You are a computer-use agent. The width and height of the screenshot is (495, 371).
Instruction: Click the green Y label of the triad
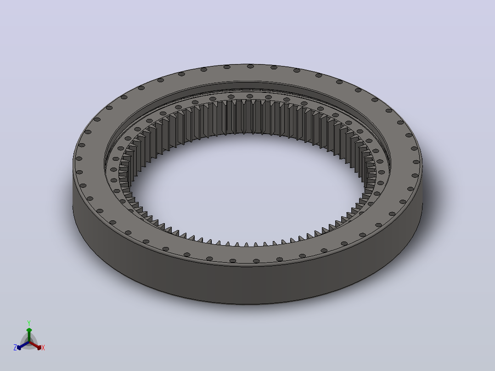click(29, 323)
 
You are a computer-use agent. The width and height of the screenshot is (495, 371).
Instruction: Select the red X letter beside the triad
click(43, 348)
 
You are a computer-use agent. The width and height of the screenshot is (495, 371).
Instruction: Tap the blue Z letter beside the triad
click(15, 348)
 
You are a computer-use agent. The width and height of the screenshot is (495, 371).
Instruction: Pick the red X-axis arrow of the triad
click(35, 345)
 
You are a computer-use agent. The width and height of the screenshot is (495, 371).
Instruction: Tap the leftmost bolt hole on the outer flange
click(79, 158)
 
